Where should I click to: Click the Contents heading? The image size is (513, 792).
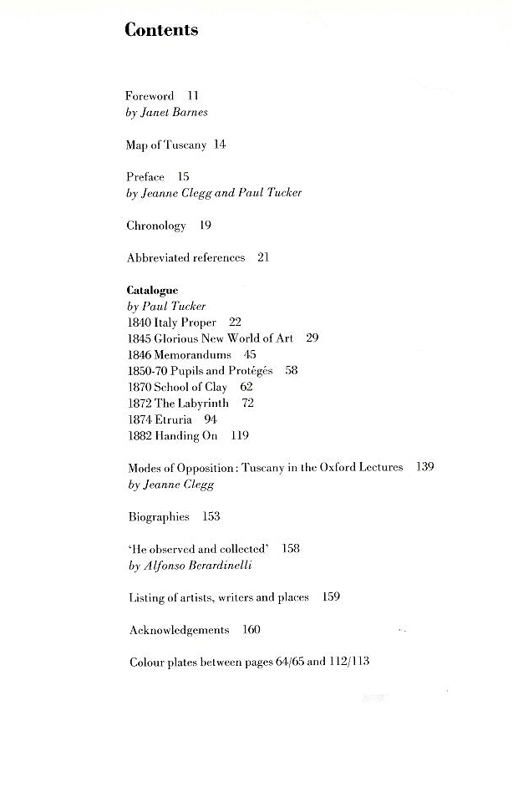[x=161, y=30]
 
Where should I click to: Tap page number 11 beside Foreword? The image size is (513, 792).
[x=193, y=96]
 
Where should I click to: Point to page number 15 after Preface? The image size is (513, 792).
[x=183, y=177]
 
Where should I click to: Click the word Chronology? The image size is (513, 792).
[x=156, y=226]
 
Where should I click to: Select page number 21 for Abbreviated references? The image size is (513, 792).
[x=263, y=258]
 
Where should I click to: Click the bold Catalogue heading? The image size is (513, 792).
[x=152, y=290]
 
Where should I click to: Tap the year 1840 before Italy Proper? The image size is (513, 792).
[x=140, y=322]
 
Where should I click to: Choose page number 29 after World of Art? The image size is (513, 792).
[x=312, y=338]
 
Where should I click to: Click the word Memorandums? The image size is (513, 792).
[x=192, y=354]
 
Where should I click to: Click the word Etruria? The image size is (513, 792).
[x=174, y=419]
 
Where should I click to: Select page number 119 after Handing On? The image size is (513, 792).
[x=240, y=435]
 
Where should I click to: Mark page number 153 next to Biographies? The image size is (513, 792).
[x=211, y=516]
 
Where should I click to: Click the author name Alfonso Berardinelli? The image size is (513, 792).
[x=202, y=566]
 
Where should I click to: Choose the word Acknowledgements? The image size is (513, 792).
[x=179, y=630]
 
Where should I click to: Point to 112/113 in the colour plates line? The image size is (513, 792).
[x=351, y=663]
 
